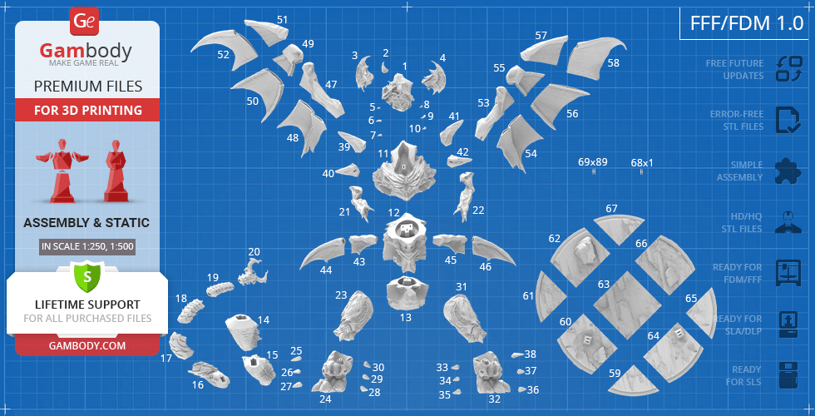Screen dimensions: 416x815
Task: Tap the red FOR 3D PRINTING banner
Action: click(87, 110)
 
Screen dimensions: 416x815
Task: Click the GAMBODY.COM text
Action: click(87, 345)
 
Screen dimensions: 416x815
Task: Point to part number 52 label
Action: click(223, 55)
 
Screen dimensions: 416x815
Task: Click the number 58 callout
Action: click(614, 62)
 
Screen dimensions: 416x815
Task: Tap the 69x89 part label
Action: click(593, 162)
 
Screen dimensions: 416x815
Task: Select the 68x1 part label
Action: click(642, 163)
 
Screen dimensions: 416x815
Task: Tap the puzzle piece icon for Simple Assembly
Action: click(788, 171)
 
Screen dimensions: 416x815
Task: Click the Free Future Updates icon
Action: click(788, 69)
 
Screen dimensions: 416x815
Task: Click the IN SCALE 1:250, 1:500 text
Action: click(87, 246)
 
